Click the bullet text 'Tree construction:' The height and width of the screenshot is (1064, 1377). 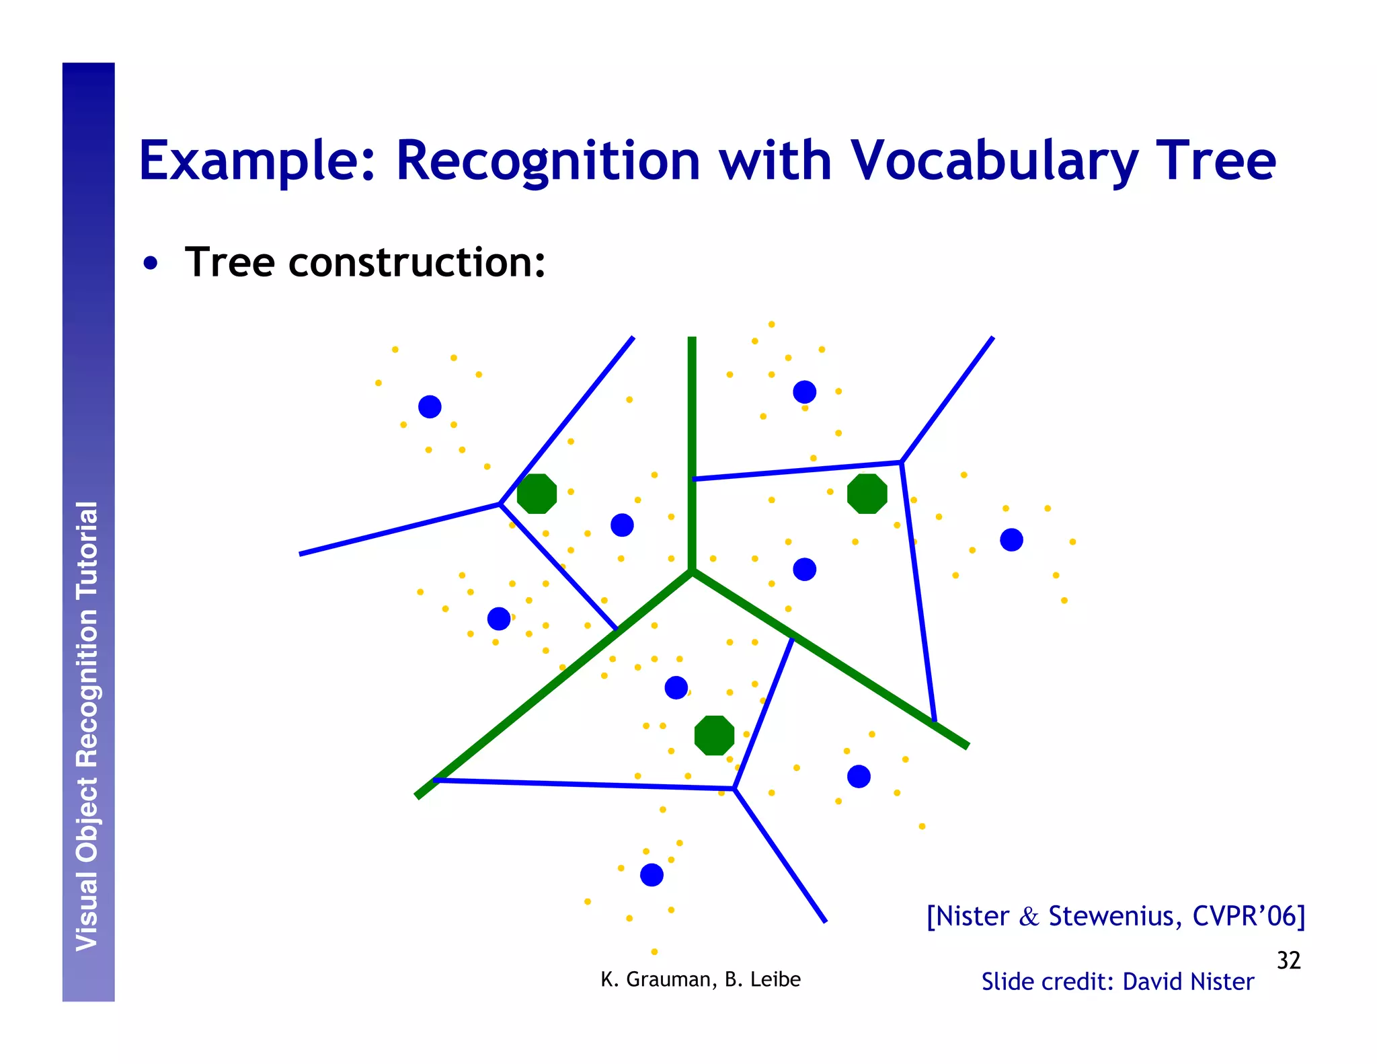[x=364, y=262]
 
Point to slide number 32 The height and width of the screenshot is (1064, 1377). [x=1288, y=960]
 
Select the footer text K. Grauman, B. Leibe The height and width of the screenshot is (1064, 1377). [x=700, y=979]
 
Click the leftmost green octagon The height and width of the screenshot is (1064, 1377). [x=537, y=494]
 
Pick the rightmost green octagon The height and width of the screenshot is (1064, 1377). [x=867, y=494]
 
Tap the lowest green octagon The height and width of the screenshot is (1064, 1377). [x=714, y=735]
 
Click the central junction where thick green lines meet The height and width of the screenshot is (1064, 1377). [x=692, y=572]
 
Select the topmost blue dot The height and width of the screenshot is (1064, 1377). [x=804, y=391]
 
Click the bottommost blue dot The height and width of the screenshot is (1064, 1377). [x=652, y=875]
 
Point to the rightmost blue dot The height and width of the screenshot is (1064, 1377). [x=1011, y=539]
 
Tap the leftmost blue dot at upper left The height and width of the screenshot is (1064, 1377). [x=430, y=406]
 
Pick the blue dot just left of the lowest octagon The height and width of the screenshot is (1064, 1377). [x=676, y=687]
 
